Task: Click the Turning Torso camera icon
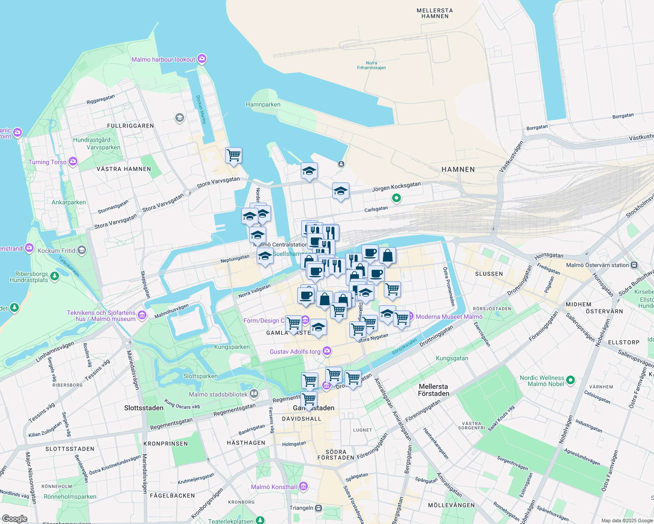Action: (x=73, y=162)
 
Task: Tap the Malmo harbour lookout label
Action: (x=163, y=59)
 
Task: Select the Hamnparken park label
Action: (x=263, y=104)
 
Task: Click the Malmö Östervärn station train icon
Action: (x=634, y=265)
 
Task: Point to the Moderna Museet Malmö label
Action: (x=449, y=317)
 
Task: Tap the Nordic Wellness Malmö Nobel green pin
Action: (x=570, y=380)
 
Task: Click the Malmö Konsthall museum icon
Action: (x=303, y=486)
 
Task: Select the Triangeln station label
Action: (x=301, y=508)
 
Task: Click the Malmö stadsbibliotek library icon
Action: (x=254, y=394)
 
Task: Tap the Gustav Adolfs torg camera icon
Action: (x=327, y=351)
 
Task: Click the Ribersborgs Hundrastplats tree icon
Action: (x=55, y=276)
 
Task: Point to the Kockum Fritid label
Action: (x=56, y=251)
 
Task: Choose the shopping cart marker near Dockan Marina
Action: (x=233, y=155)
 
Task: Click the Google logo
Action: (x=15, y=519)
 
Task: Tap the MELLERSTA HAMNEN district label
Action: (x=435, y=14)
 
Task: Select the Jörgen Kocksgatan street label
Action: (x=396, y=186)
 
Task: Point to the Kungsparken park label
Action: (x=232, y=347)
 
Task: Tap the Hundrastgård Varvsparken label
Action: (x=97, y=144)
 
